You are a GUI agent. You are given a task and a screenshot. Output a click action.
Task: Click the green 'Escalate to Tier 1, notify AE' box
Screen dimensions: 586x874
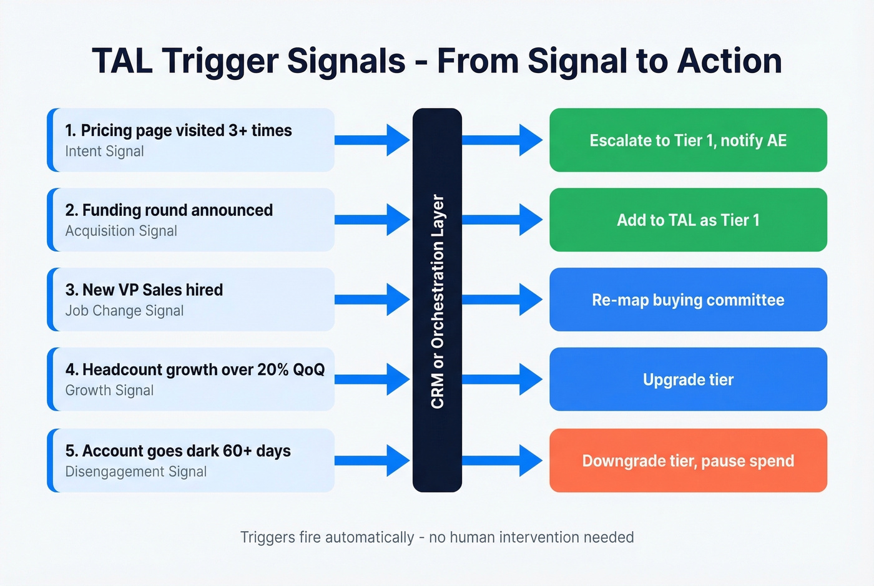coord(688,140)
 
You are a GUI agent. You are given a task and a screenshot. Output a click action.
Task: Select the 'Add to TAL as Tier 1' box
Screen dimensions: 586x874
coord(688,220)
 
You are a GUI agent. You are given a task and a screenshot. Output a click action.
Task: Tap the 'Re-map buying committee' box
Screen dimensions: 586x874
coord(688,300)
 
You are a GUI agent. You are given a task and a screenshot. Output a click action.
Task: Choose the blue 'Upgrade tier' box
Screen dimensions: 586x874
coord(688,379)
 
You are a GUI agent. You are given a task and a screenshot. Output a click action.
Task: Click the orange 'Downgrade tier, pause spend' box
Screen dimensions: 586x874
coord(688,461)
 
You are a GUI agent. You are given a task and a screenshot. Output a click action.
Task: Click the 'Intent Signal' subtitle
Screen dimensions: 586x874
coord(104,152)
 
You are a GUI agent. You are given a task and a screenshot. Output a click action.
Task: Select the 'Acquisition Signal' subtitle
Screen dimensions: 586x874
coord(121,231)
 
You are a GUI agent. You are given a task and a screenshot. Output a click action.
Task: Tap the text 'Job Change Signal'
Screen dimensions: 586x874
coord(124,311)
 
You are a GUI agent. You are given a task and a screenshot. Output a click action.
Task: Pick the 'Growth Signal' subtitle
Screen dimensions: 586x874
coord(109,391)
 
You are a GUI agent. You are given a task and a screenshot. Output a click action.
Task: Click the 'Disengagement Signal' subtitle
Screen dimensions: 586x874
coord(135,472)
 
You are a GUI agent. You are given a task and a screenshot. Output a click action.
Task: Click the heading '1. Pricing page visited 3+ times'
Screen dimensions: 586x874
coord(178,130)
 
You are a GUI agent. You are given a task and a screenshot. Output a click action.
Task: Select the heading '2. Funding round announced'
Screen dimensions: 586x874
coord(169,210)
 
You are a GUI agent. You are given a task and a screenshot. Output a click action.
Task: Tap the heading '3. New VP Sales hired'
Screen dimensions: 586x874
coord(144,290)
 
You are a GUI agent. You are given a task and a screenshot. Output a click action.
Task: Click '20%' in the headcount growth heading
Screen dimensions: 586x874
coord(273,370)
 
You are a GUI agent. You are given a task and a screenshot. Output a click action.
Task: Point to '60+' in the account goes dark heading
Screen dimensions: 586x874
coord(237,451)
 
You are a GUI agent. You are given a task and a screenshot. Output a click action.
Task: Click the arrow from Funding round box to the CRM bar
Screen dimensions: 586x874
coord(373,220)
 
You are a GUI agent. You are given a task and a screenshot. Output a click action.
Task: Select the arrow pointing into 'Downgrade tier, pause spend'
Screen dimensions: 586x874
coord(503,461)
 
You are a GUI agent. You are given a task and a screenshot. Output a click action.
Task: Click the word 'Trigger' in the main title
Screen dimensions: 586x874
coord(220,61)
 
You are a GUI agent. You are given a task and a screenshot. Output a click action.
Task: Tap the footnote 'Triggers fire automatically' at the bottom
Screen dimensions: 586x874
coord(327,537)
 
